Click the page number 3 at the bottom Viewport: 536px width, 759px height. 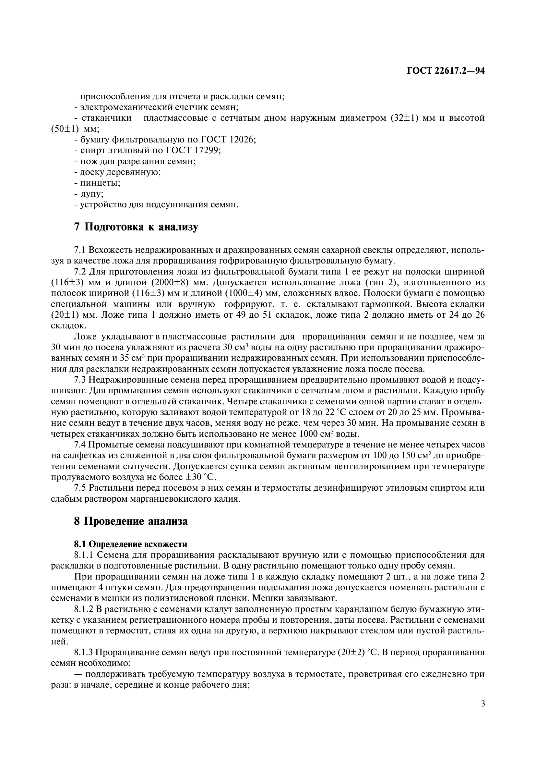(483, 713)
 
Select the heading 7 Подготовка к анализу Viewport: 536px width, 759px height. (136, 227)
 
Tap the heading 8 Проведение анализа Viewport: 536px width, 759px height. (131, 521)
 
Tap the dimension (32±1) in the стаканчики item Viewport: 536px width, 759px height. (405, 118)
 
